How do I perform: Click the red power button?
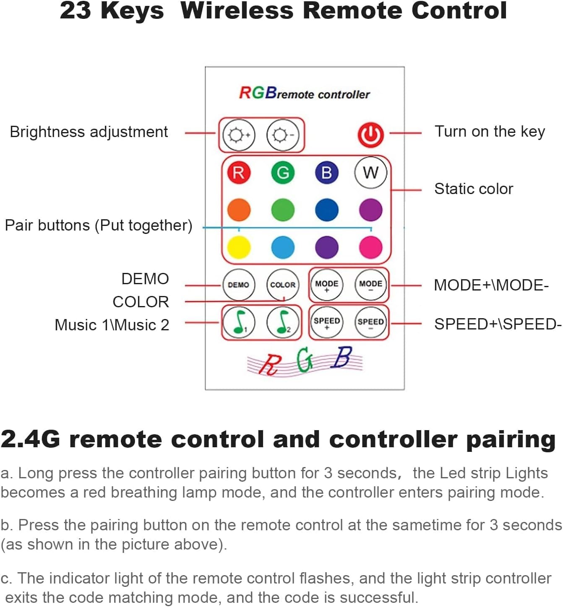click(x=370, y=135)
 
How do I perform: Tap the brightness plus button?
click(x=238, y=135)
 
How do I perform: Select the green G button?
click(x=283, y=173)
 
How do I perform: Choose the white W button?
click(x=370, y=172)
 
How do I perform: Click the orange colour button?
click(x=239, y=210)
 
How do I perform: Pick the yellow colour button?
click(x=239, y=247)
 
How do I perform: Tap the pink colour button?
click(x=370, y=247)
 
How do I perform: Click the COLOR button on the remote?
click(x=283, y=285)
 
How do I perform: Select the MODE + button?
click(x=327, y=285)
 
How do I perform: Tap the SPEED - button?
click(x=370, y=322)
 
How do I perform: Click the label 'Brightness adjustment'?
click(x=89, y=132)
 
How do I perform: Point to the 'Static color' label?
click(x=473, y=189)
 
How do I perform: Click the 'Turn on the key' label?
click(x=490, y=132)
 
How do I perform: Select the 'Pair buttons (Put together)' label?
click(x=99, y=226)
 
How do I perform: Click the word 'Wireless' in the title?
click(x=237, y=10)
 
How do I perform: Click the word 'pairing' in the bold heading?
click(x=511, y=440)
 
